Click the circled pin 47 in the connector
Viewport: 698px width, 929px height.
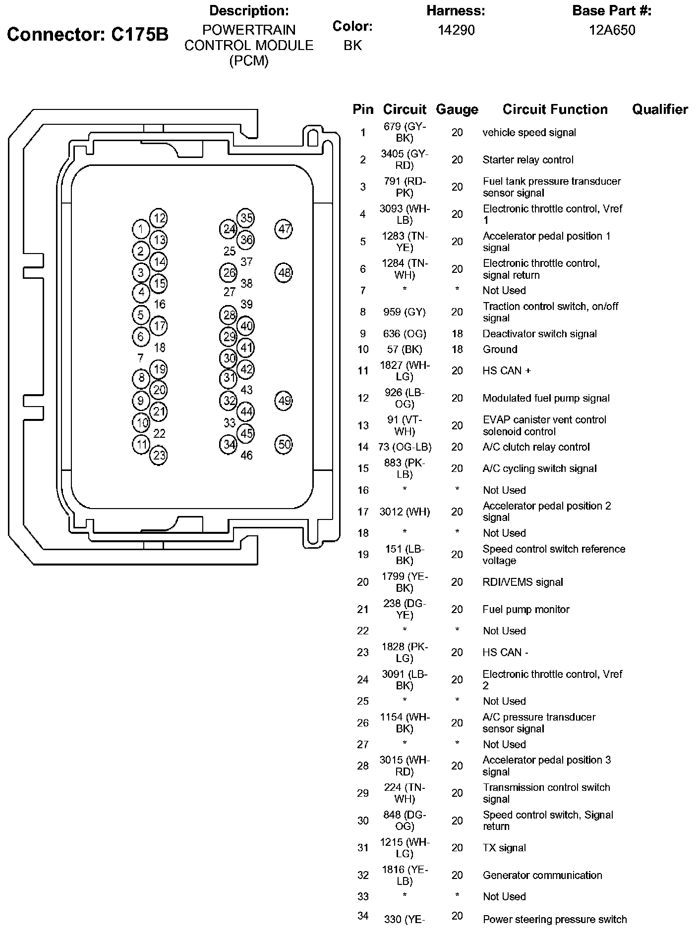pyautogui.click(x=284, y=229)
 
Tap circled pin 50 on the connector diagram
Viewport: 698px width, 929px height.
pyautogui.click(x=284, y=444)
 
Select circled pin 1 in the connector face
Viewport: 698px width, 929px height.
pyautogui.click(x=141, y=229)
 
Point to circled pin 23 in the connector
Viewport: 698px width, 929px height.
pyautogui.click(x=159, y=455)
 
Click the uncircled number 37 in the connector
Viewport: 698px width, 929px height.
pyautogui.click(x=246, y=261)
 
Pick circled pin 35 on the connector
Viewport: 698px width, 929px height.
pyautogui.click(x=246, y=218)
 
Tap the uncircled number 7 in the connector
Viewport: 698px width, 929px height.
pyautogui.click(x=141, y=358)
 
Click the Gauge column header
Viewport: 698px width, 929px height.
pyautogui.click(x=457, y=109)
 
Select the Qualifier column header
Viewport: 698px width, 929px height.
pyautogui.click(x=660, y=109)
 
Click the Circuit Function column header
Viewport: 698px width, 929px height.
pyautogui.click(x=555, y=109)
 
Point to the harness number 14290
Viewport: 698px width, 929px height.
pyautogui.click(x=456, y=30)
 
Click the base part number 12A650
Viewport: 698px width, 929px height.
pyautogui.click(x=612, y=30)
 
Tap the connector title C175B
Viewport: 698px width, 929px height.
pyautogui.click(x=88, y=35)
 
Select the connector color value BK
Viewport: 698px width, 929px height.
pyautogui.click(x=352, y=46)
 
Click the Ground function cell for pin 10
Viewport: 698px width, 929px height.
pyautogui.click(x=500, y=350)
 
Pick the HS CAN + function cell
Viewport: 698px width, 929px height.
pyautogui.click(x=507, y=371)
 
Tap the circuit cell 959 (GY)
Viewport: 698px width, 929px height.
pyautogui.click(x=405, y=312)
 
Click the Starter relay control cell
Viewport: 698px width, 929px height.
pyautogui.click(x=528, y=160)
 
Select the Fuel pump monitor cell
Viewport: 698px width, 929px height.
pyautogui.click(x=526, y=610)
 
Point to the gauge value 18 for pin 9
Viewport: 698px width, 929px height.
pyautogui.click(x=457, y=334)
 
